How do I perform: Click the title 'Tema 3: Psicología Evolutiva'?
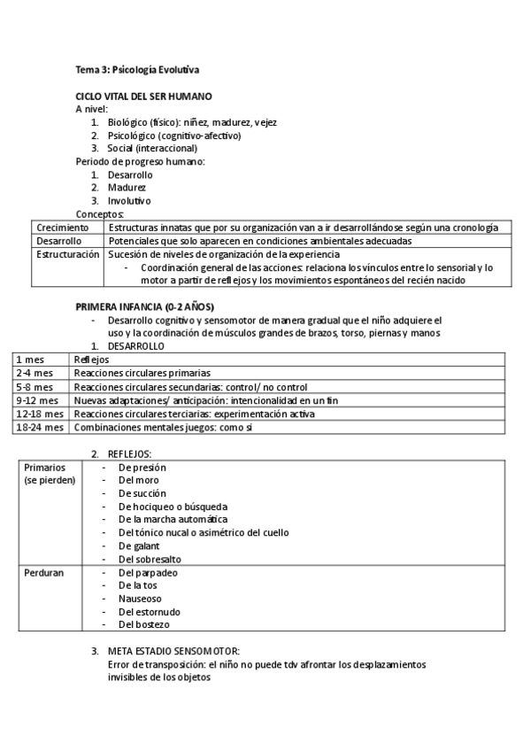click(x=142, y=70)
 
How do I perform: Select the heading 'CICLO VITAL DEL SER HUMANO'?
click(x=143, y=96)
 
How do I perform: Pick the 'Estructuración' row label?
click(x=67, y=253)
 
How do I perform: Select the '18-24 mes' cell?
click(x=41, y=427)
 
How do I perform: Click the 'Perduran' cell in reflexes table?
click(x=43, y=573)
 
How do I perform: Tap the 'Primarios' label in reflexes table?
click(x=43, y=468)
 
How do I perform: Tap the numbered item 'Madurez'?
click(x=127, y=188)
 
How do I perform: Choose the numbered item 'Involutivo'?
click(x=129, y=201)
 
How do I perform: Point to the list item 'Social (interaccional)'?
click(x=152, y=149)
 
